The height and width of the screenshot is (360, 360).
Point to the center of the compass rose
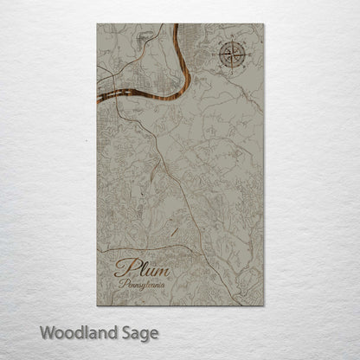pyautogui.click(x=231, y=55)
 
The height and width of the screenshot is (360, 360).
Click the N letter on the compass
pyautogui.click(x=231, y=39)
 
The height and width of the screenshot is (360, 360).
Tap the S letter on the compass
pyautogui.click(x=231, y=72)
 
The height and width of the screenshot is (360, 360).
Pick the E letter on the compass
pyautogui.click(x=247, y=55)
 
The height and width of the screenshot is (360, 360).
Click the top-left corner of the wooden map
pyautogui.click(x=98, y=24)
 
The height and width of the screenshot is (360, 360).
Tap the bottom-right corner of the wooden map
pyautogui.click(x=263, y=305)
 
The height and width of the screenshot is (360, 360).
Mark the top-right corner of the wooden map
pyautogui.click(x=263, y=24)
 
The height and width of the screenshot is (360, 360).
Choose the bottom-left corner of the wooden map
pyautogui.click(x=98, y=305)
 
